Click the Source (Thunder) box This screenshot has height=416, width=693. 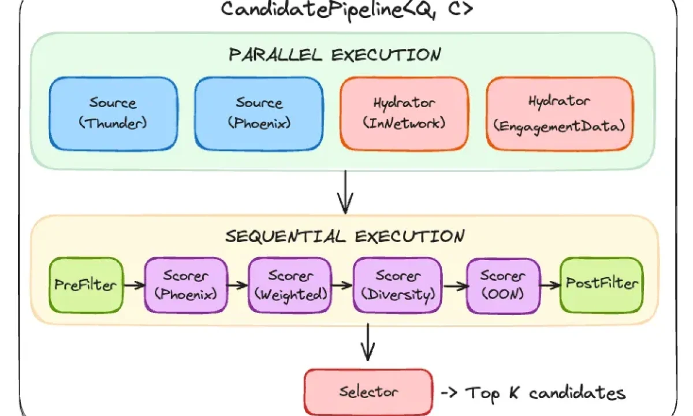(x=113, y=114)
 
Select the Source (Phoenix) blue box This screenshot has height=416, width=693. (x=259, y=114)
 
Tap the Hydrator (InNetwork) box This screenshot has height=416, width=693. (x=404, y=113)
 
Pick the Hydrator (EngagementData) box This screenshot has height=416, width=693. (x=560, y=113)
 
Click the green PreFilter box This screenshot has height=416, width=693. (x=85, y=285)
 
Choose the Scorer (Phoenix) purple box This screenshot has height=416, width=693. (x=186, y=285)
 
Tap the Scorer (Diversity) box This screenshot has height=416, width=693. (x=397, y=285)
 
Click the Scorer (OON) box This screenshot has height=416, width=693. (x=502, y=285)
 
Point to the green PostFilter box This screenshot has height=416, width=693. (x=601, y=284)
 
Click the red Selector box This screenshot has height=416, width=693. (x=368, y=392)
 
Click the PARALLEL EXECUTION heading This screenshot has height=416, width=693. (x=335, y=55)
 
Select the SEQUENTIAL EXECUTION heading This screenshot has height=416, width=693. (x=344, y=236)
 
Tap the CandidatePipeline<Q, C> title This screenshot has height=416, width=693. (x=346, y=10)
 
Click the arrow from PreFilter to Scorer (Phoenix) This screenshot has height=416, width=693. (x=134, y=285)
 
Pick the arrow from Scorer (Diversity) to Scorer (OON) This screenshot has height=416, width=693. (x=454, y=285)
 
